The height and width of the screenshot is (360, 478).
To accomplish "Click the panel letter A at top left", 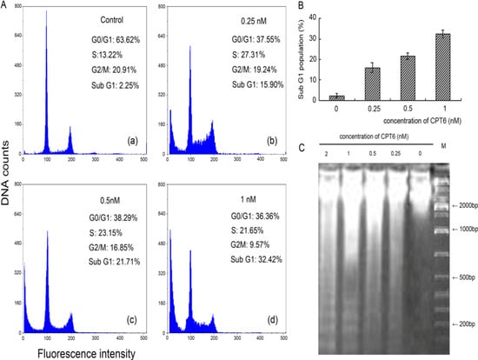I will click(x=5, y=5).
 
